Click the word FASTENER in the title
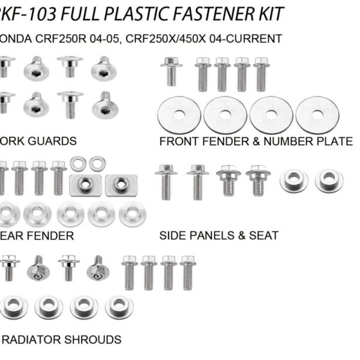click(204, 13)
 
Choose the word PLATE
click(334, 142)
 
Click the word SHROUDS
click(95, 340)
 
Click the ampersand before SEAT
click(243, 235)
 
